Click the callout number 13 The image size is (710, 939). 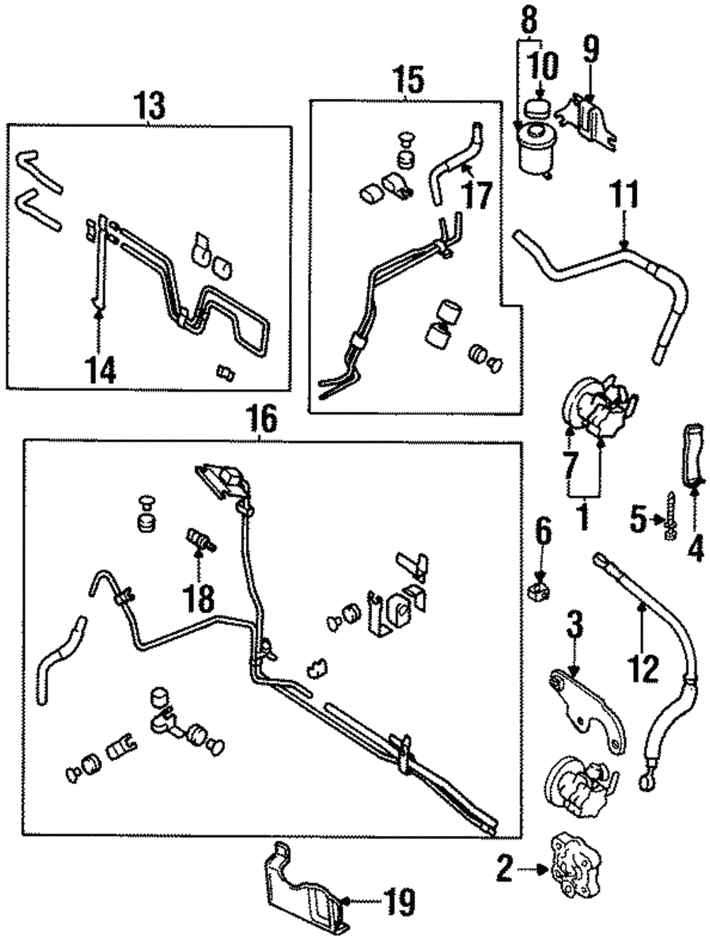[x=150, y=106]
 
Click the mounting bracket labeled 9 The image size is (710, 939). [x=588, y=123]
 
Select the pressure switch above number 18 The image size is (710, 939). [x=201, y=540]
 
